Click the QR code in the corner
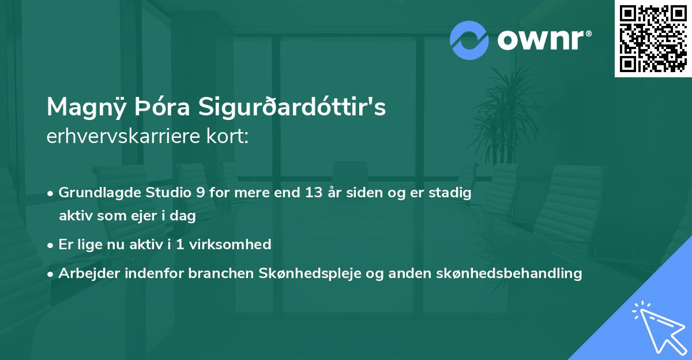(652, 38)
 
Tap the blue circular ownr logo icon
(469, 40)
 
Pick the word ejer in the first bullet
(149, 216)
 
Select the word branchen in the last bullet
(218, 273)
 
